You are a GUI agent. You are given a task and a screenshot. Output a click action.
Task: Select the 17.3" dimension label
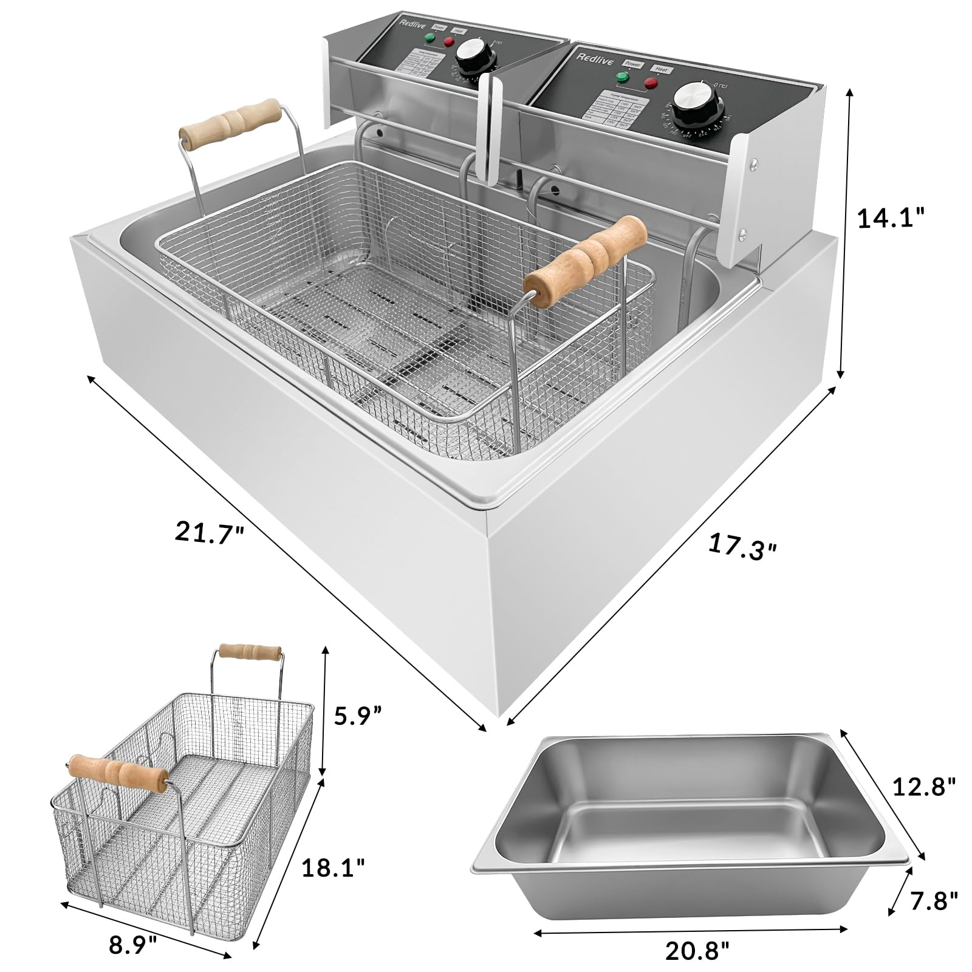[x=742, y=546]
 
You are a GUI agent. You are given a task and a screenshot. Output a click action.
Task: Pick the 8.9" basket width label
[x=134, y=945]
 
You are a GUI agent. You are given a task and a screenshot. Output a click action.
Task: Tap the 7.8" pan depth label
[x=930, y=900]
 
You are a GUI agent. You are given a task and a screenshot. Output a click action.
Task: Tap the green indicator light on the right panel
[x=622, y=77]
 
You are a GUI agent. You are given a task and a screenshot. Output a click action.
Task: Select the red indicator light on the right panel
[x=651, y=83]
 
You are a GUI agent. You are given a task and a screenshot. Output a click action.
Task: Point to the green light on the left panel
[x=430, y=38]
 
